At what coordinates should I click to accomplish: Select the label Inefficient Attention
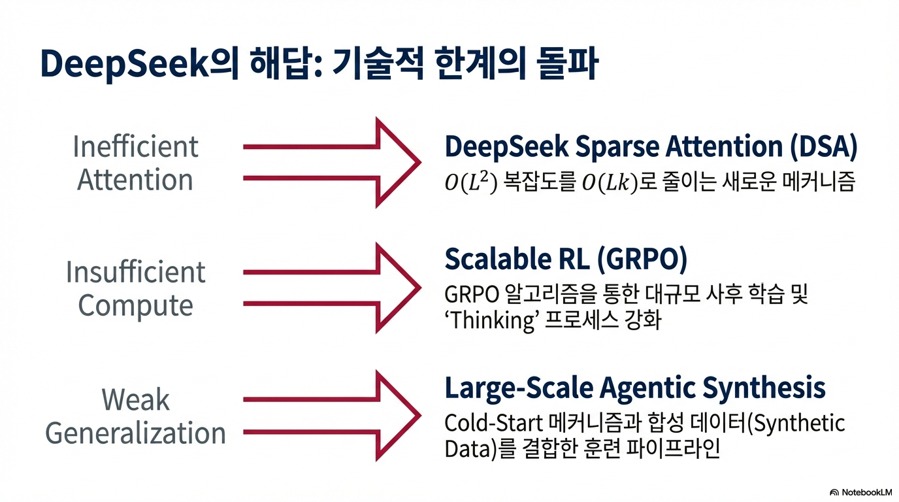pos(135,163)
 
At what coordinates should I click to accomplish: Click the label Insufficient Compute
pos(135,289)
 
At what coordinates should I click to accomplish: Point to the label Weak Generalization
pos(135,416)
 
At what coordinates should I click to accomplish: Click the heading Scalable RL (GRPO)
pos(566,259)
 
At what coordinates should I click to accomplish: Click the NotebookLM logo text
pos(866,492)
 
